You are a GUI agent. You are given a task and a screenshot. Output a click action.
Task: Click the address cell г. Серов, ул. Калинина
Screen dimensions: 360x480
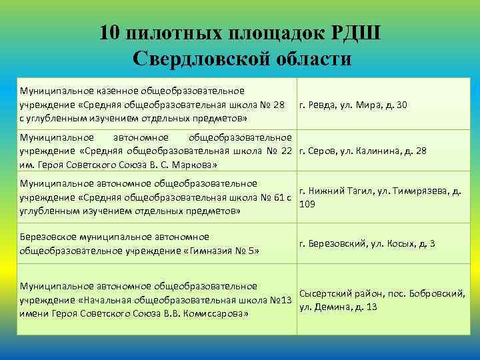(363, 151)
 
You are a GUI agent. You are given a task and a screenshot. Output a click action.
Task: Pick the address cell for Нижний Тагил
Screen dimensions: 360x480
(380, 196)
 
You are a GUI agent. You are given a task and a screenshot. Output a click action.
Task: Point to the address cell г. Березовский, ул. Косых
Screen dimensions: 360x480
(367, 243)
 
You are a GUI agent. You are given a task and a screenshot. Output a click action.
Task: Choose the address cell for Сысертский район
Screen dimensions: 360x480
(382, 300)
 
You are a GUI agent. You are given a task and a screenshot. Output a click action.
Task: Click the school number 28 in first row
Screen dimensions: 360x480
(279, 105)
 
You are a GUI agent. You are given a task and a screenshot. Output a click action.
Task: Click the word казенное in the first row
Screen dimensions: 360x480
(101, 91)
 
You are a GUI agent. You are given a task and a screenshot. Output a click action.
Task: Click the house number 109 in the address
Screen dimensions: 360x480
(307, 203)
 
